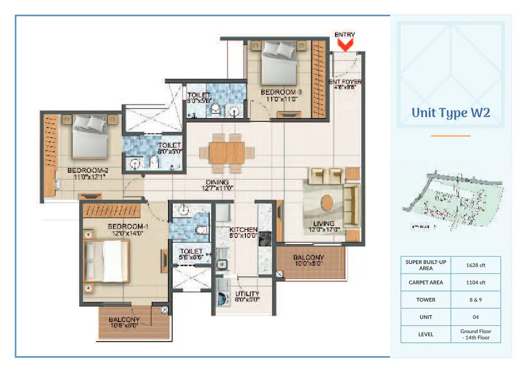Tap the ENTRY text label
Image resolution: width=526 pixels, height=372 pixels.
point(345,35)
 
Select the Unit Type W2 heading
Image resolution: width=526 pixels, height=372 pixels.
point(451,113)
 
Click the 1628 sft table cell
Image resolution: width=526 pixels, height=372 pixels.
point(476,265)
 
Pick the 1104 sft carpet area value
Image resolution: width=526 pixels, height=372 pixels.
point(476,282)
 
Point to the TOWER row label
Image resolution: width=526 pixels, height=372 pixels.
point(426,300)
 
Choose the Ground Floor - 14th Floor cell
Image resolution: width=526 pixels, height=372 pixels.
point(476,334)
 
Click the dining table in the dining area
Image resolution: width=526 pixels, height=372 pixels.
point(227,153)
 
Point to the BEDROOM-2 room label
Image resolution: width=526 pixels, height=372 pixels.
point(88,170)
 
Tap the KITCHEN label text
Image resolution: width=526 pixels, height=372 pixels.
point(243,230)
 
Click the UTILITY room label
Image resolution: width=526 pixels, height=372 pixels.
point(247,294)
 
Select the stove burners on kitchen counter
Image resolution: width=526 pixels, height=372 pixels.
point(265,238)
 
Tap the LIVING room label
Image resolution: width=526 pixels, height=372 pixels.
point(324,224)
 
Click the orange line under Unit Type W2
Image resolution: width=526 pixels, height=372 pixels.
point(451,136)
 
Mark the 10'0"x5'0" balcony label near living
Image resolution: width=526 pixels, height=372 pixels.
point(308,264)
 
